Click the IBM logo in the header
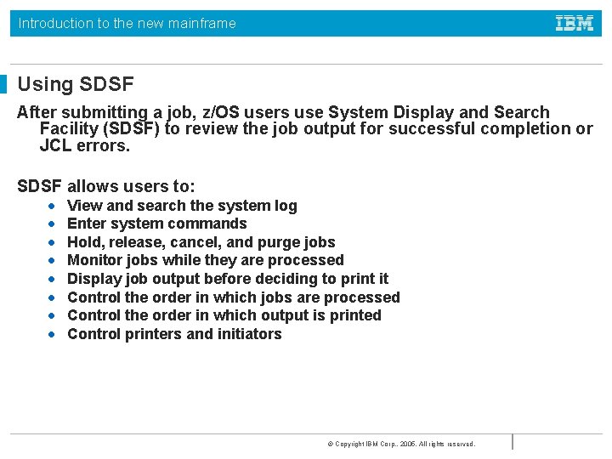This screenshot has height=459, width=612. pos(575,24)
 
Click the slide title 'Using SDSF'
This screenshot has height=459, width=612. pos(76,84)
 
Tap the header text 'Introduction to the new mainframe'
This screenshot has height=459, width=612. pos(127,24)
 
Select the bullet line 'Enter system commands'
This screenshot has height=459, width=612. pos(156,224)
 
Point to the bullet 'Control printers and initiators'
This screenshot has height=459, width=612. pos(174,334)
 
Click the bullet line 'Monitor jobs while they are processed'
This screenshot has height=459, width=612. pos(205,260)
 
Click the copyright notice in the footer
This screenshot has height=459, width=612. pos(401,444)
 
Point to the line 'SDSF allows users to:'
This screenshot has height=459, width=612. pos(106,186)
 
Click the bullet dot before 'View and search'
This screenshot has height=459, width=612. pos(52,206)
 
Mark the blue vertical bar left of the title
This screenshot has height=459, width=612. pos(3,84)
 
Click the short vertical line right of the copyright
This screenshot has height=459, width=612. pos(513,442)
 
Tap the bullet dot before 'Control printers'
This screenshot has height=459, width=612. pos(52,334)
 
